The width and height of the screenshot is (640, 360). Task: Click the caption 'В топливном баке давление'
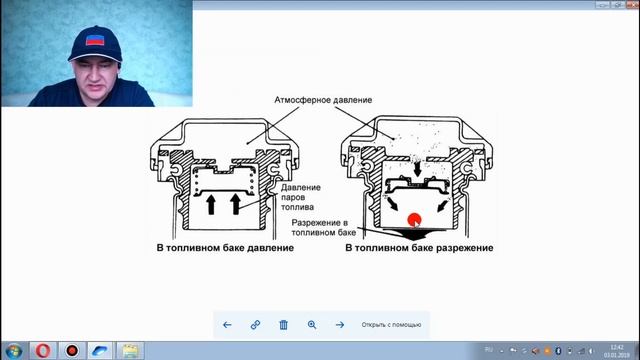(x=224, y=247)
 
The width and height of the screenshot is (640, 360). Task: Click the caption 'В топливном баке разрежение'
(x=422, y=247)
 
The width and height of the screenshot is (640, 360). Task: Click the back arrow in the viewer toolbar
(x=227, y=324)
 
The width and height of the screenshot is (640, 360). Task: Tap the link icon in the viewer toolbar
(x=255, y=324)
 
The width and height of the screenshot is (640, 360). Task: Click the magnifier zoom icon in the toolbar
(x=312, y=324)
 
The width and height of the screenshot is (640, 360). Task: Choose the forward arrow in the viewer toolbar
(x=340, y=324)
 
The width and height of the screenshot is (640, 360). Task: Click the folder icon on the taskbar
(x=131, y=350)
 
